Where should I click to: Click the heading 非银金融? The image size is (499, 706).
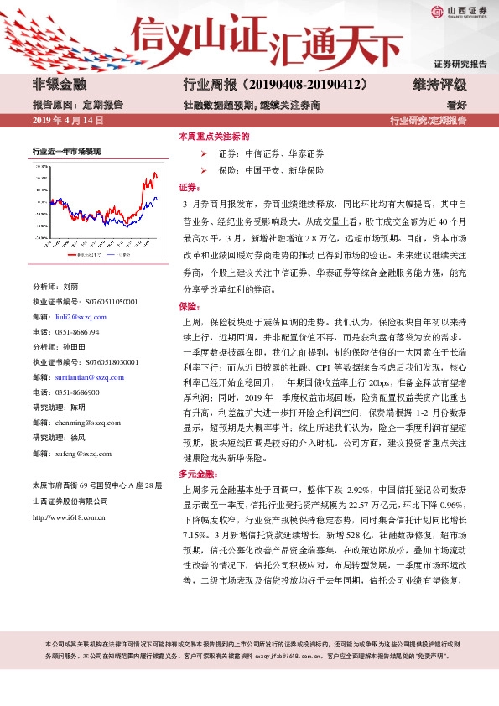click(x=58, y=85)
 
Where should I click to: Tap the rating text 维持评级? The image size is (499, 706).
click(x=439, y=85)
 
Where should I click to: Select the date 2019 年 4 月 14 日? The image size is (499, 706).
click(x=67, y=121)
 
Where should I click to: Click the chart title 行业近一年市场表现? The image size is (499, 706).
click(x=66, y=151)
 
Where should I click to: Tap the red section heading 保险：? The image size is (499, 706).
click(x=188, y=306)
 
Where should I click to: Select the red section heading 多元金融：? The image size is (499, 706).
click(x=195, y=474)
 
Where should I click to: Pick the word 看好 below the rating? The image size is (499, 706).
click(x=456, y=105)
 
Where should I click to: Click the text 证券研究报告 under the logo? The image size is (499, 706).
click(x=460, y=65)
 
